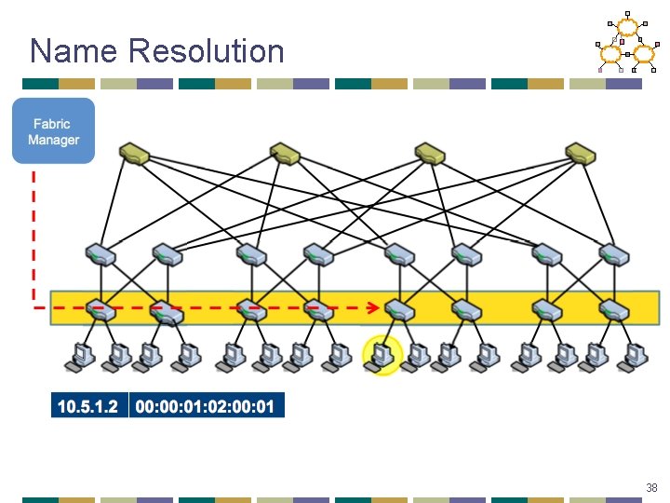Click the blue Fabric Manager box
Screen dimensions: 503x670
tap(53, 131)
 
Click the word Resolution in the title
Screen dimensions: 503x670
tap(207, 50)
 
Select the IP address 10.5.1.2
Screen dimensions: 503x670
tap(88, 405)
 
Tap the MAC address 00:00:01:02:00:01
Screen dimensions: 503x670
tap(205, 405)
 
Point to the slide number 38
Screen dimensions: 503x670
tap(650, 488)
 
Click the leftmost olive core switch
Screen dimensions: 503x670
tap(135, 153)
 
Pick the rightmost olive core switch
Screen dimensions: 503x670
tap(581, 153)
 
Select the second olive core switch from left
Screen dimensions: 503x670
tap(284, 153)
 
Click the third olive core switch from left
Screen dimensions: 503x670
tap(431, 153)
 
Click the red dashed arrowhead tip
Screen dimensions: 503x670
tap(377, 306)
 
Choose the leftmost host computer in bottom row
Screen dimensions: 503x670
tap(80, 356)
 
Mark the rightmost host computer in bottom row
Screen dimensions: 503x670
tap(636, 356)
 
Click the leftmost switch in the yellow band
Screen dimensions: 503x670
tap(100, 309)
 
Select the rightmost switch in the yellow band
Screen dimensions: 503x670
tap(614, 309)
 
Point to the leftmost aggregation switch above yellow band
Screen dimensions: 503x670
tap(100, 254)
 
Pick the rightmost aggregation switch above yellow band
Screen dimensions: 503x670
tap(614, 254)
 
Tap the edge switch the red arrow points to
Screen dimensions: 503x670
tap(400, 309)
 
